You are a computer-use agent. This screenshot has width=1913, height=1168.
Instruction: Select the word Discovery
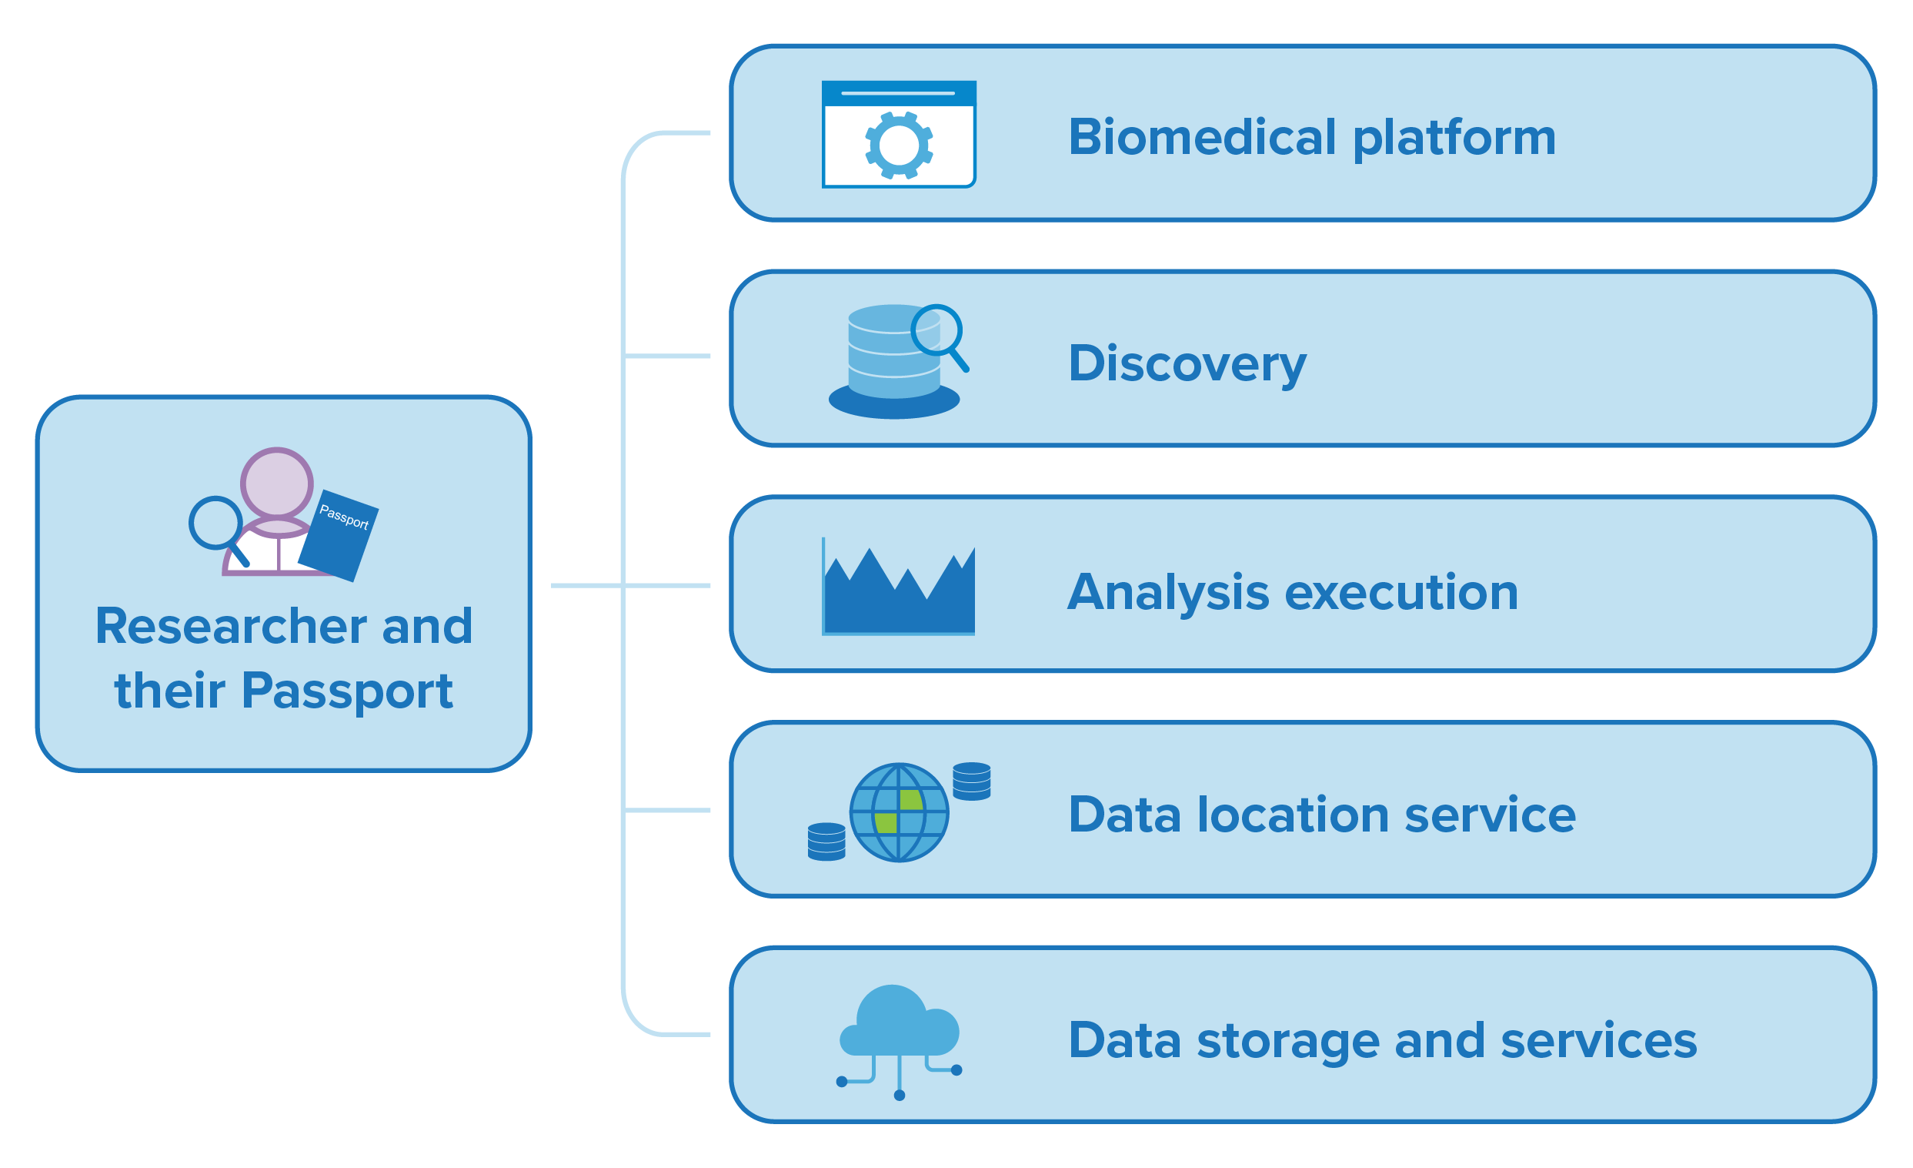click(x=1187, y=363)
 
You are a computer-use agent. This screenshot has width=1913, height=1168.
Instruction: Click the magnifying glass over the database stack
click(x=940, y=337)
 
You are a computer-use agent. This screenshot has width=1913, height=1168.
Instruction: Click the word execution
click(x=1401, y=593)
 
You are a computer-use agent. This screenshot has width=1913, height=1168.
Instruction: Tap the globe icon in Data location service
click(x=899, y=812)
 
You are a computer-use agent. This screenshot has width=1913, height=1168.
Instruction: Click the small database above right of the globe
click(x=971, y=781)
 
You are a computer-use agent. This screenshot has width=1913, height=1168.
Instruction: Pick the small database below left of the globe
click(x=827, y=842)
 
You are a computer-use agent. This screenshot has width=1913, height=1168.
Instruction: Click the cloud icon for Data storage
click(x=899, y=1041)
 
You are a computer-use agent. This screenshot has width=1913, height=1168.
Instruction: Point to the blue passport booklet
click(x=339, y=536)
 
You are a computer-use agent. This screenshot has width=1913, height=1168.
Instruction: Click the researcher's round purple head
click(x=276, y=483)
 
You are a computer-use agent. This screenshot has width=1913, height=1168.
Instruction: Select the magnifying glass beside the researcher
click(x=219, y=530)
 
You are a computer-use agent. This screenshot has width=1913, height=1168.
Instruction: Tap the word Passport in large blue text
click(x=347, y=691)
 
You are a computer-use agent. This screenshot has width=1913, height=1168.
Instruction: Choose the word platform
click(x=1455, y=139)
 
